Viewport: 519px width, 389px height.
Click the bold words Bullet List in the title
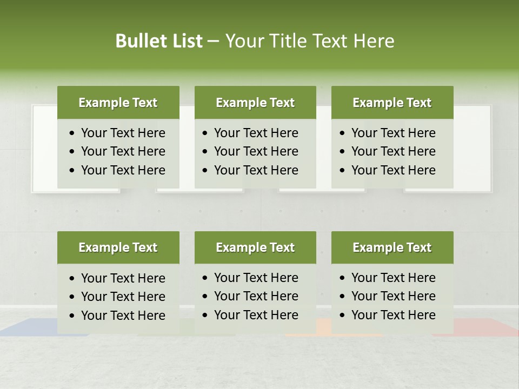point(158,41)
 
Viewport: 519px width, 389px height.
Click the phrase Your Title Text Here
point(309,41)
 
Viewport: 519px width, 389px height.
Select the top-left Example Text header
point(118,103)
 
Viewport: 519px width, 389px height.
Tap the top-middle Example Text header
point(255,103)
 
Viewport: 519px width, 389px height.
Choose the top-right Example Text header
point(392,103)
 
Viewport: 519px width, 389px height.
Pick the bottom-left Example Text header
point(118,247)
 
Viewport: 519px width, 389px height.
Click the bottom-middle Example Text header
point(255,247)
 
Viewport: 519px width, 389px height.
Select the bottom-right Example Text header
point(392,247)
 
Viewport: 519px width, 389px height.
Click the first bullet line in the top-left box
point(123,133)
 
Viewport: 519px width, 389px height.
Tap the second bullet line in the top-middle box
point(256,151)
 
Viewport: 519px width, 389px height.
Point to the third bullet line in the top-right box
point(393,170)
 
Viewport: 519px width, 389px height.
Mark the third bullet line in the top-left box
point(123,170)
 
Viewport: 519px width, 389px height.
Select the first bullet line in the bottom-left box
point(123,278)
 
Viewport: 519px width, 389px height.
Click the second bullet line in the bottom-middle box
point(256,296)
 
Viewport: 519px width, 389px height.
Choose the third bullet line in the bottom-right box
point(393,315)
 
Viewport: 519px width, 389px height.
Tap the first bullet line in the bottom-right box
point(393,278)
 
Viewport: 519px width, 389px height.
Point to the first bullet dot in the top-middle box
point(205,133)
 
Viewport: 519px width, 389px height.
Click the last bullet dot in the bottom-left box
point(72,316)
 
